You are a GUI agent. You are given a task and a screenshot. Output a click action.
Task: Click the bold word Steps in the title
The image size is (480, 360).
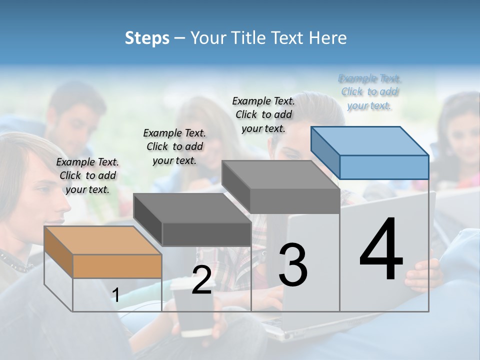click(x=147, y=38)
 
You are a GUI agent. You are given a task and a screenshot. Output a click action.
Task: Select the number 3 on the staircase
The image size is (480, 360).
click(x=292, y=264)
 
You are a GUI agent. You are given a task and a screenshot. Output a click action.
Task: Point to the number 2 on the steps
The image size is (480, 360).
click(x=201, y=280)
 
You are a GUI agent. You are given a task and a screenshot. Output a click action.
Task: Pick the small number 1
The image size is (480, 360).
click(x=116, y=295)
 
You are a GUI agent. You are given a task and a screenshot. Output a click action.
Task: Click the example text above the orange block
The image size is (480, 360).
click(x=87, y=175)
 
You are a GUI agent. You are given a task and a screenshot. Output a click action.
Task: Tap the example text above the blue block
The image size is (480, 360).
click(x=369, y=91)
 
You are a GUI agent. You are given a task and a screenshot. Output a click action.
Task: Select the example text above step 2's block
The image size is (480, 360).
click(x=174, y=146)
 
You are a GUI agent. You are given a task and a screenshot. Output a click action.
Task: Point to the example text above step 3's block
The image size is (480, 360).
click(x=263, y=114)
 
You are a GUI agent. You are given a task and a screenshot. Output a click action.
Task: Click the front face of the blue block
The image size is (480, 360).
click(x=384, y=167)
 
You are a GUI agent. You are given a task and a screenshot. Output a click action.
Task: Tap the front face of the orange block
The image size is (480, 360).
click(x=117, y=266)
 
